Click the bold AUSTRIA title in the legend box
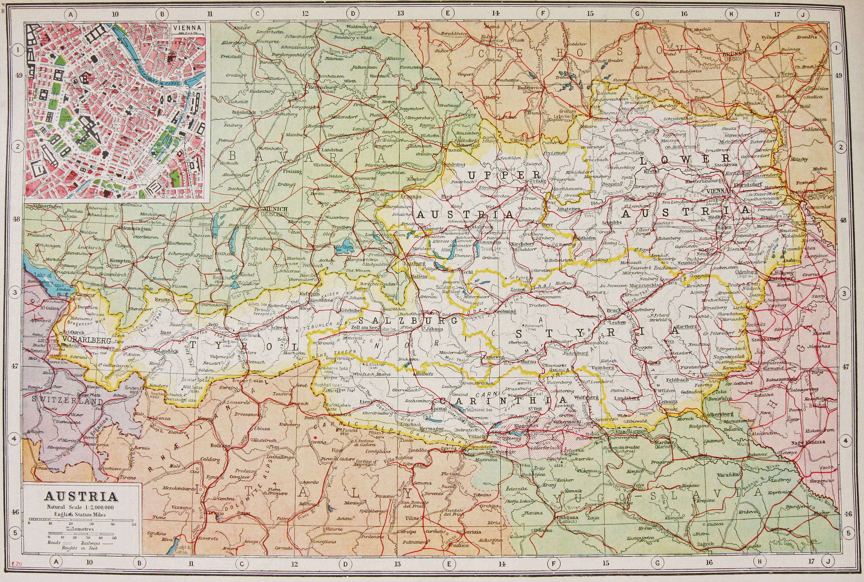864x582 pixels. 82,497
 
